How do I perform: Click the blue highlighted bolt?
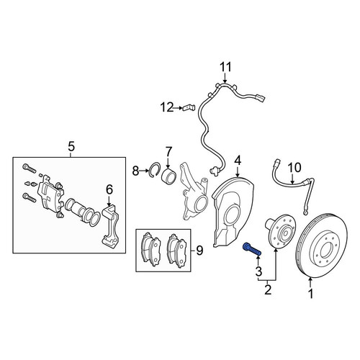coord(251,249)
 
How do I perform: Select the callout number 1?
coord(310,293)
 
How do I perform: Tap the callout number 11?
coord(225,67)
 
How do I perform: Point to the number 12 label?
coord(167,107)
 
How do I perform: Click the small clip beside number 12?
coord(189,108)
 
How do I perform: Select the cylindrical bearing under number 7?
coord(168,178)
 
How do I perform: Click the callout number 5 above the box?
coord(71,146)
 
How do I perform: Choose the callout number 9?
coord(199,251)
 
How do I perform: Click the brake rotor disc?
coord(322,246)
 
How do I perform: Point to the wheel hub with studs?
coord(280,231)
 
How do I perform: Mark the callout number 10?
coord(294,168)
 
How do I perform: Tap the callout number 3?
coord(258,271)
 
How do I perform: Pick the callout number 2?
coord(268,290)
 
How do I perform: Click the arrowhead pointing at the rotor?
coord(310,279)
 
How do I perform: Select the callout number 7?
coord(168,152)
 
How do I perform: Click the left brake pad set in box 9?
coord(150,249)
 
